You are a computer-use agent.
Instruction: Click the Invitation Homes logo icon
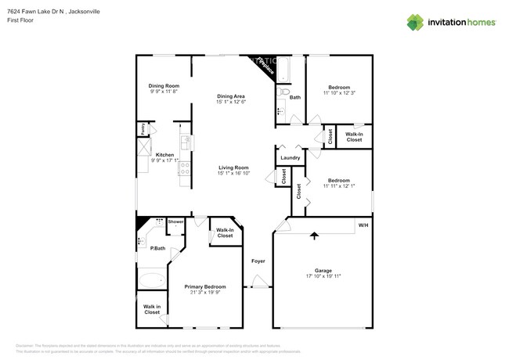pos(415,22)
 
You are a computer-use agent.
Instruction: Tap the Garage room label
pos(323,271)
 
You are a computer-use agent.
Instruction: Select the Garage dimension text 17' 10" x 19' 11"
pos(323,276)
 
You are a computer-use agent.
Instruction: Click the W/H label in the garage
pos(363,225)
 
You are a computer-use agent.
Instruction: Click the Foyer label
pos(258,261)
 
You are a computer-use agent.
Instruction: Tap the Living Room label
pos(233,167)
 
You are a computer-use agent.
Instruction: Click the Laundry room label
pos(290,158)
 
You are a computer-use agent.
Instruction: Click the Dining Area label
pos(231,96)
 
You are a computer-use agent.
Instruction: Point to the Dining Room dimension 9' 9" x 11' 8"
pos(164,92)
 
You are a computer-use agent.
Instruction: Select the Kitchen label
pos(164,155)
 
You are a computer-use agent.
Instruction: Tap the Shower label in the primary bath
pos(175,221)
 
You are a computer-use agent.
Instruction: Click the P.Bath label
pos(157,248)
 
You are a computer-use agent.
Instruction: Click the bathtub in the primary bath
pos(151,279)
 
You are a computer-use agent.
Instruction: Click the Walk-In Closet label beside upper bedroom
pos(354,136)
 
